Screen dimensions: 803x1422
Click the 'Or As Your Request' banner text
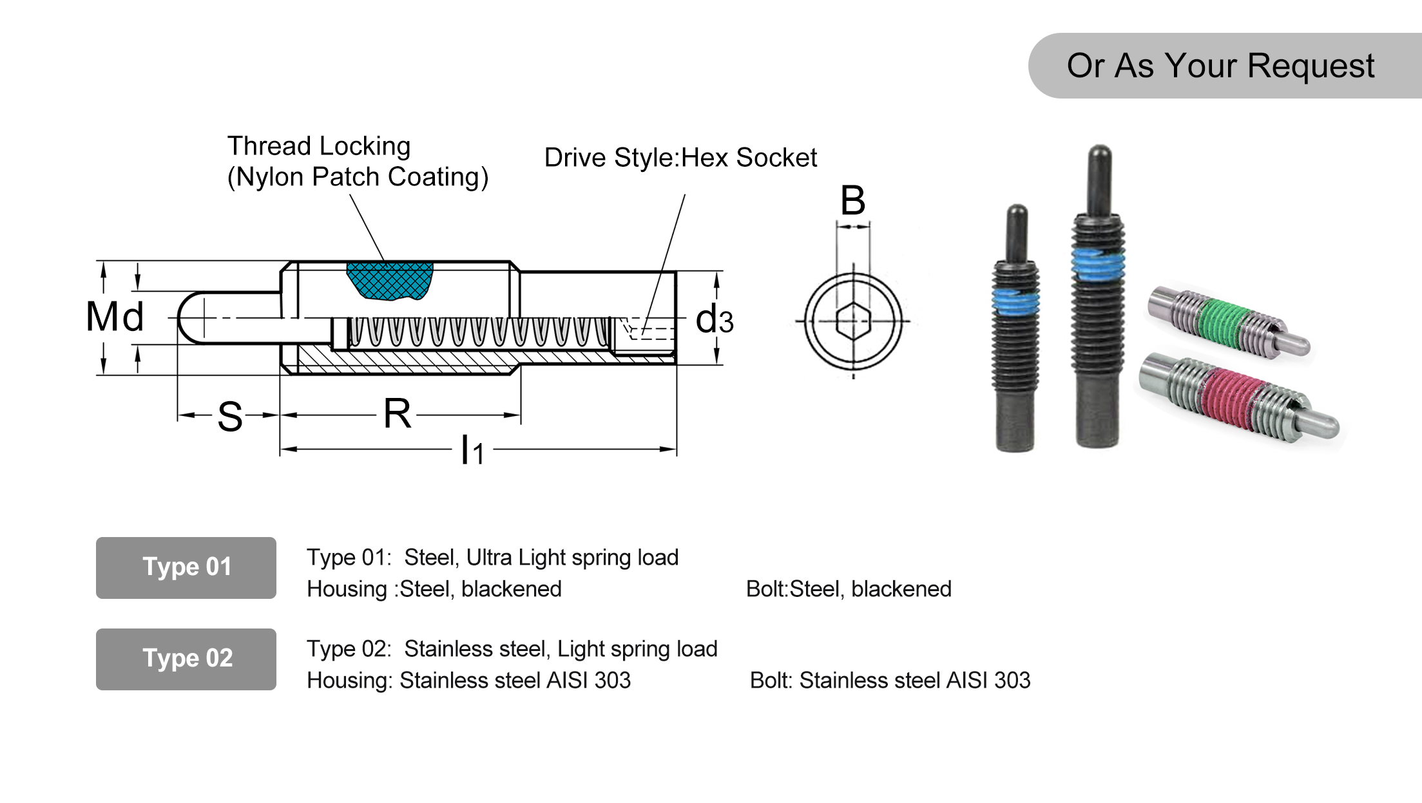coord(1220,66)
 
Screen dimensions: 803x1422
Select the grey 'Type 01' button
coord(186,567)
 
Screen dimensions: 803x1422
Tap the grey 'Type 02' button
coord(186,659)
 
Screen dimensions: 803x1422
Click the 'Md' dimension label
coord(115,317)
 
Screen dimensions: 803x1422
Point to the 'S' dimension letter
coord(229,417)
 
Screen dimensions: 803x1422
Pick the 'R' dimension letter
coord(397,413)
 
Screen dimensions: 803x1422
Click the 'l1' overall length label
coord(472,450)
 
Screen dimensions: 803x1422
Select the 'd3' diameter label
coord(714,319)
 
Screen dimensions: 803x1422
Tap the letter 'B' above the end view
coord(852,200)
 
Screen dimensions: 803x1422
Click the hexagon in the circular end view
coord(854,320)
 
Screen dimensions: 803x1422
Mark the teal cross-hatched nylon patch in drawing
coord(390,280)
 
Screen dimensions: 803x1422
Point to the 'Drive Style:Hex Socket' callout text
coord(680,158)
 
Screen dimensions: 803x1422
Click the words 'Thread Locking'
coord(319,146)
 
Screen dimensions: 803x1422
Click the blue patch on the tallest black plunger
coord(1098,265)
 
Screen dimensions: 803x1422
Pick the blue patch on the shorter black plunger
coord(1015,301)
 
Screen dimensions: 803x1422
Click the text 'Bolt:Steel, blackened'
coord(848,589)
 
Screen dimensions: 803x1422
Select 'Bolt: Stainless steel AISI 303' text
coord(890,680)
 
